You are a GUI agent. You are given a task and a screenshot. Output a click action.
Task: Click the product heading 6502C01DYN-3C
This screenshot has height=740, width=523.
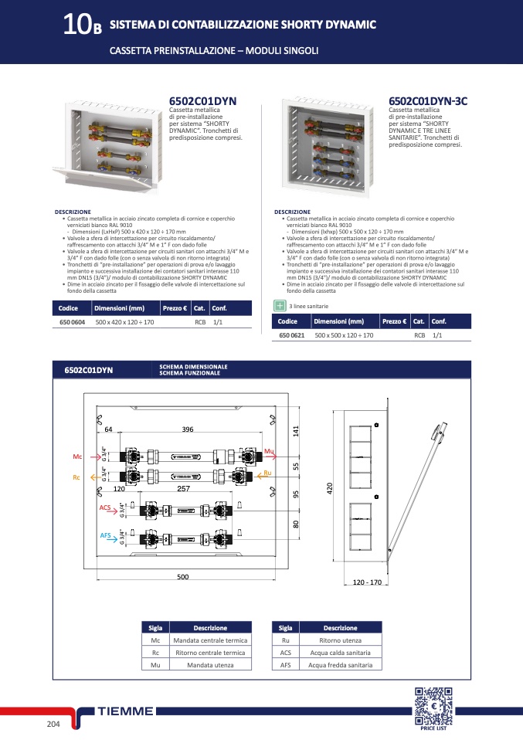[x=427, y=101]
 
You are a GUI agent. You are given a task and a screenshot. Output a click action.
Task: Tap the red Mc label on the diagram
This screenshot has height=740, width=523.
[x=77, y=457]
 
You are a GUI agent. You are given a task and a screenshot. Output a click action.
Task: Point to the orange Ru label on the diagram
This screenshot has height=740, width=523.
[x=267, y=473]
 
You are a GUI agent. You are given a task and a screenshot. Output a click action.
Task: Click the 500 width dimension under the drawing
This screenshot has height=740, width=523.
[x=183, y=577]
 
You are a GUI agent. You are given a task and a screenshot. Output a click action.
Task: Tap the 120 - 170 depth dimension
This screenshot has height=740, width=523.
[x=368, y=582]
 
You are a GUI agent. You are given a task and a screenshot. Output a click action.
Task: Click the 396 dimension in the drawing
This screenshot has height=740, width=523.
[x=187, y=429]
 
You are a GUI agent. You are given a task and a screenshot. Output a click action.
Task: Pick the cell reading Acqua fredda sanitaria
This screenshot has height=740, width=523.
[x=340, y=664]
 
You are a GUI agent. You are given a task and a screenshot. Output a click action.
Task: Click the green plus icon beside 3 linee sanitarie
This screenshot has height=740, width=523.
[x=280, y=306]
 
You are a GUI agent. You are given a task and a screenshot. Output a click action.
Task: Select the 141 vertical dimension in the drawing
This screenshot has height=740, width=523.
[x=295, y=430]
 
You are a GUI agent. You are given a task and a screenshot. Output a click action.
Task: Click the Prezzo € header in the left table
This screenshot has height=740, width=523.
[x=175, y=308]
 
